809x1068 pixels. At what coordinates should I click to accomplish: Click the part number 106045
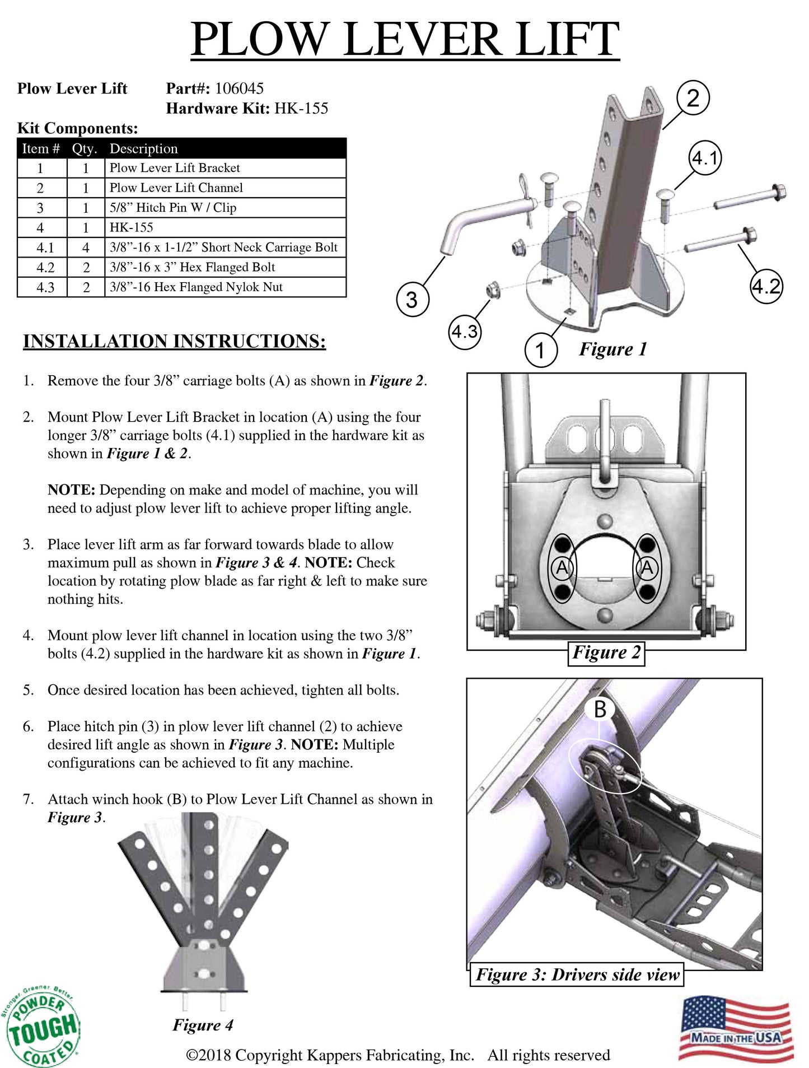239,88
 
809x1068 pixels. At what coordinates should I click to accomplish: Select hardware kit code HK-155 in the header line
301,108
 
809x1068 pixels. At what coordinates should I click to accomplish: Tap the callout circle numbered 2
693,98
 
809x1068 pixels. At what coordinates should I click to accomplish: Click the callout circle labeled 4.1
704,158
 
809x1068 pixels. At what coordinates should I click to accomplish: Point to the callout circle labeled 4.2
765,286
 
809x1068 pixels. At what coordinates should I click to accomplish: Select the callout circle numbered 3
412,300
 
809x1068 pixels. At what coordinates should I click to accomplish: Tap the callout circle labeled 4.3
465,332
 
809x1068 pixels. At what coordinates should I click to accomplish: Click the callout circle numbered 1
540,351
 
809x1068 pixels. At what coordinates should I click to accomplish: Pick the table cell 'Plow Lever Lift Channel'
176,188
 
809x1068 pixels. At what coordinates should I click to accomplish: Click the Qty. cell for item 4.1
86,248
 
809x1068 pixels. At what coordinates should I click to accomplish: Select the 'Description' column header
143,148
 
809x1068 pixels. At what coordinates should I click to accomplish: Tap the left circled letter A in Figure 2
562,568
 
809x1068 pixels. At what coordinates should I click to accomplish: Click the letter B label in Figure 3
600,709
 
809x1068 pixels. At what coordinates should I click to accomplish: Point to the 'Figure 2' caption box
606,653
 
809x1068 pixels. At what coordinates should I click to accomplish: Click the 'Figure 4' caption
203,1025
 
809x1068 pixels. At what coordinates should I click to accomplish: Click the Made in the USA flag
736,1029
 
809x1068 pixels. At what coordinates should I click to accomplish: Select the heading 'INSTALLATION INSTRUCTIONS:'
174,341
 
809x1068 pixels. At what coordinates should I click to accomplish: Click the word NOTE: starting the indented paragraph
71,490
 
